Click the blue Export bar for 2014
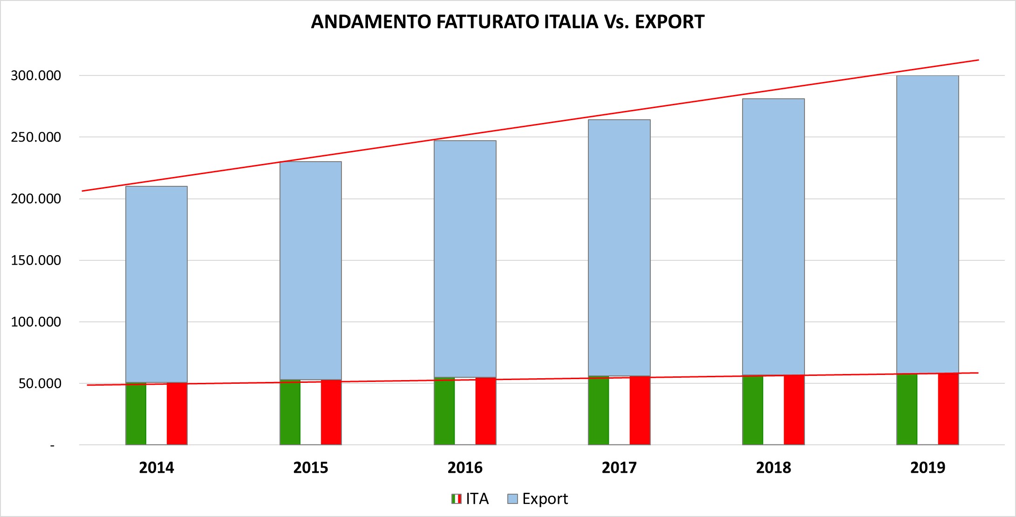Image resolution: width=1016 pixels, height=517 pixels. (157, 284)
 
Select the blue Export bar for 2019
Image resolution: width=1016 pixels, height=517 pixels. (927, 224)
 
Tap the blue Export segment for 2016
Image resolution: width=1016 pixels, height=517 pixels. (465, 258)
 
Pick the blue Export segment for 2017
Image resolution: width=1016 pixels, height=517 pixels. (619, 247)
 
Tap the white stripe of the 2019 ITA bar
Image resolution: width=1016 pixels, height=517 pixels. (927, 410)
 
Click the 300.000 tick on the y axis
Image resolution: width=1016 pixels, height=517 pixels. (36, 75)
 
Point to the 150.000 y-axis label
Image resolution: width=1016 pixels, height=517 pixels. (36, 260)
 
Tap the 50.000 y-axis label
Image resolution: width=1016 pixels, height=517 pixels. (40, 383)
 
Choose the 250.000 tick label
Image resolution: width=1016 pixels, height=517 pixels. (36, 137)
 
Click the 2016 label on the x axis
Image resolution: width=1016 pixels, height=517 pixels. (465, 468)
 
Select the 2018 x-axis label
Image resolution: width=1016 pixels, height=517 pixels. (773, 468)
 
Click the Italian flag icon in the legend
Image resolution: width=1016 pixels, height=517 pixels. (457, 499)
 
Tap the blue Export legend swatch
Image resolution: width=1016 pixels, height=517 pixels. (512, 499)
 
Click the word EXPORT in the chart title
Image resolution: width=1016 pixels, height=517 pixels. (669, 22)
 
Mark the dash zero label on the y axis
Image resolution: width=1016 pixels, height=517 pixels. (53, 446)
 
